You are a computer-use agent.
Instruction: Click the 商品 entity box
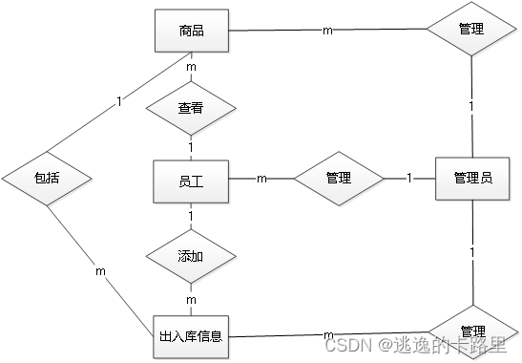[x=191, y=31]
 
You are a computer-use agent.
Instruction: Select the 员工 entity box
[x=191, y=179]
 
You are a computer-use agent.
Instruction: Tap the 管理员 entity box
[x=473, y=179]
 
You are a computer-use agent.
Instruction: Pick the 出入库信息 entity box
[x=191, y=335]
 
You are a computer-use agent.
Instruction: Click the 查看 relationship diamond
[x=191, y=109]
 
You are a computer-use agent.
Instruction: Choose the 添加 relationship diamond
[x=191, y=258]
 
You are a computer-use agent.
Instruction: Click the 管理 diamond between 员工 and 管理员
[x=338, y=179]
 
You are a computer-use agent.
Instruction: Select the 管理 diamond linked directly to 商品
[x=471, y=31]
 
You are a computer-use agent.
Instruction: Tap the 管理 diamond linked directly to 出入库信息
[x=471, y=330]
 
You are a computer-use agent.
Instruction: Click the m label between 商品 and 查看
[x=191, y=68]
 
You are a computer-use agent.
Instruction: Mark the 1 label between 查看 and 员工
[x=191, y=148]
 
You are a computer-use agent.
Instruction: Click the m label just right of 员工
[x=261, y=179]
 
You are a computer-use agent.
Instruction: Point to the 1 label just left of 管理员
[x=409, y=179]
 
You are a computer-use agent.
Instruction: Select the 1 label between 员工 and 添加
[x=191, y=217]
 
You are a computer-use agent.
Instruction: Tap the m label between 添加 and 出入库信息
[x=191, y=300]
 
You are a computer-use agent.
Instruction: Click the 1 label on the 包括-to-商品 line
[x=118, y=100]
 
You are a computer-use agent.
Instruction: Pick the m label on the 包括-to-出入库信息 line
[x=100, y=271]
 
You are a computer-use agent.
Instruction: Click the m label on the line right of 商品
[x=328, y=31]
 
